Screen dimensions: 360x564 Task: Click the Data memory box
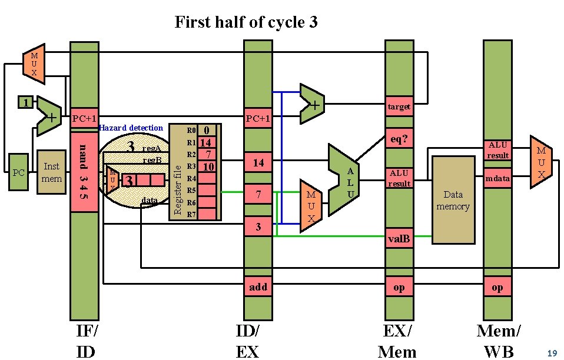pyautogui.click(x=453, y=200)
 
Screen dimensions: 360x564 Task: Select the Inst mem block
pyautogui.click(x=52, y=172)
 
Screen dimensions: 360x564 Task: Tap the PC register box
pyautogui.click(x=18, y=172)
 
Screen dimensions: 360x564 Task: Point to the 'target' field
pyautogui.click(x=399, y=106)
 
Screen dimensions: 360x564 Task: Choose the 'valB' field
pyautogui.click(x=399, y=239)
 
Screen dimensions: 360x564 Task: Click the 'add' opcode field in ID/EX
pyautogui.click(x=258, y=287)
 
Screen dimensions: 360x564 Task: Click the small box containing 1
pyautogui.click(x=24, y=103)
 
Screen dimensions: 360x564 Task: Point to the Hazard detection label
pyautogui.click(x=131, y=128)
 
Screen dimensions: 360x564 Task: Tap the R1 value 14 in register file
pyautogui.click(x=206, y=142)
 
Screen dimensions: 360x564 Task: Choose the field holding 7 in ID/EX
pyautogui.click(x=258, y=194)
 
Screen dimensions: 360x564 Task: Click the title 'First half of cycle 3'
pyautogui.click(x=246, y=22)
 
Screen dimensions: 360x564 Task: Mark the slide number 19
pyautogui.click(x=552, y=354)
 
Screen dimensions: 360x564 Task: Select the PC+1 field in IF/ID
pyautogui.click(x=84, y=119)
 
